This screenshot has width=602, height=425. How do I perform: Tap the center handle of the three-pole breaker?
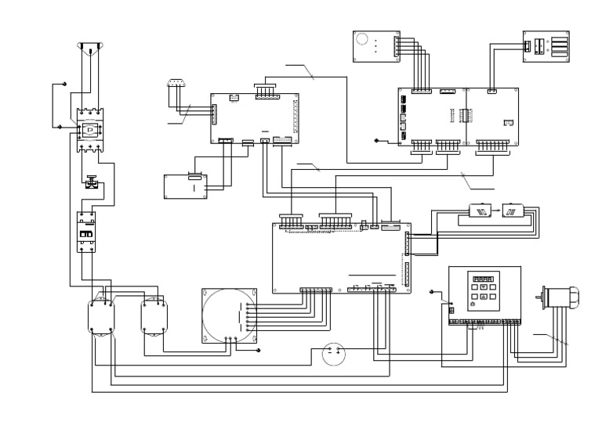click(x=90, y=128)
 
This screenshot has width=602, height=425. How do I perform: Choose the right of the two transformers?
click(x=154, y=316)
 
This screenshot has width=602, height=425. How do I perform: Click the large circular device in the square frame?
click(x=228, y=317)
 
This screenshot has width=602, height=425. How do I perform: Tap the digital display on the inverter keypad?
click(x=482, y=278)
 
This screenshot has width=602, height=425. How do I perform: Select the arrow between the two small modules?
click(x=495, y=211)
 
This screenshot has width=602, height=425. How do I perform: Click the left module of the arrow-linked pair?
click(x=479, y=211)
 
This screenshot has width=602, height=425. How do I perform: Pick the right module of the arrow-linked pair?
click(x=512, y=211)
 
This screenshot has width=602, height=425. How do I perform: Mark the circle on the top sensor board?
click(x=363, y=40)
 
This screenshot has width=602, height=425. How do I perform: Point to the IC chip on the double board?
click(x=465, y=115)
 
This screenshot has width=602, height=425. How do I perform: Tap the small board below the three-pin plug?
click(x=184, y=186)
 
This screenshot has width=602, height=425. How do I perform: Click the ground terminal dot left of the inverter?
click(x=433, y=292)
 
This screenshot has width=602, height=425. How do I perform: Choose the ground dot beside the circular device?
click(x=259, y=351)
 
